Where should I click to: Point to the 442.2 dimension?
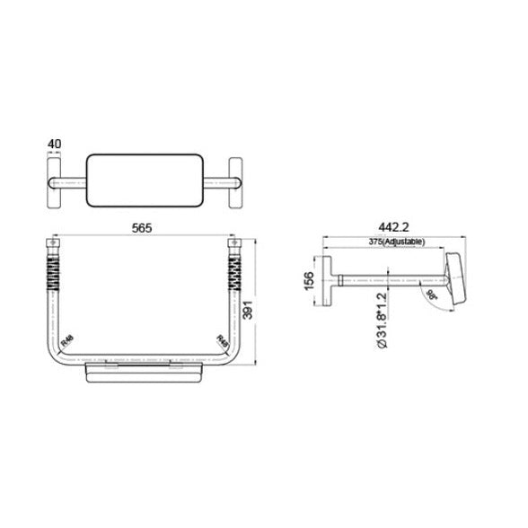[x=391, y=229]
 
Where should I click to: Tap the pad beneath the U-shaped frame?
[x=144, y=373]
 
